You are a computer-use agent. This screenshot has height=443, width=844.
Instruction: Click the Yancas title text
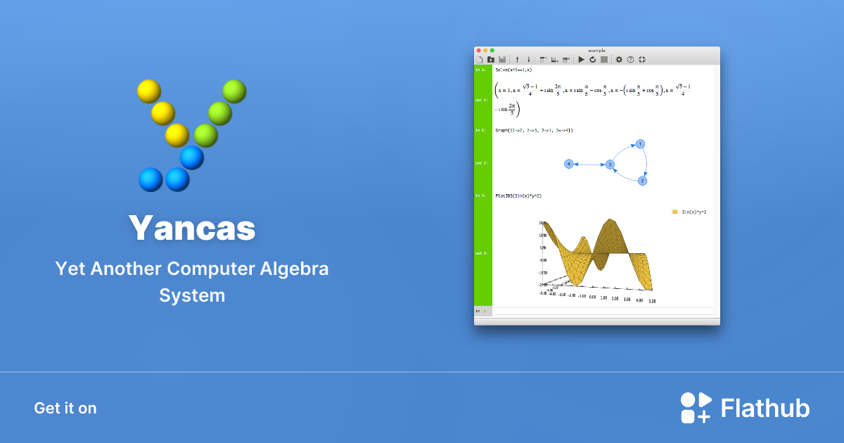coord(192,228)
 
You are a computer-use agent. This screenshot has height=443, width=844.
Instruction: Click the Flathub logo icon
coord(696,408)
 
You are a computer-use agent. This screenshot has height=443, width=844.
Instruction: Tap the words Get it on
coord(65,408)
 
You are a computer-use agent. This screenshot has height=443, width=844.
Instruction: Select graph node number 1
coord(640,144)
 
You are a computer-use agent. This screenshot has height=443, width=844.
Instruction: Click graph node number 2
coord(642,181)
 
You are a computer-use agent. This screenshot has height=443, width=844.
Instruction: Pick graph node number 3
coord(610,165)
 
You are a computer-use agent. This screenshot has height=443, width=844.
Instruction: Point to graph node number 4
coord(569,164)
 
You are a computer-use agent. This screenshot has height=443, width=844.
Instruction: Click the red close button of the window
coord(478,51)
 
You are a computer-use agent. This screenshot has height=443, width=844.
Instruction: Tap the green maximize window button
coord(492,51)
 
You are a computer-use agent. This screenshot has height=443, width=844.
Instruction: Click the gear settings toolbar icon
coord(619,60)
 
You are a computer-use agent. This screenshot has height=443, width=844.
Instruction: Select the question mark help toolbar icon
coord(630,60)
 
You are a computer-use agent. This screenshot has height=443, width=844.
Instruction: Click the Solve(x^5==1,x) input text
coord(513,70)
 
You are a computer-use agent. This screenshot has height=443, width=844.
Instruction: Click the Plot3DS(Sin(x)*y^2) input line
coord(518,195)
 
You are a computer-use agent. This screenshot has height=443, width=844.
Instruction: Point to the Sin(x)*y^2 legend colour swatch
coord(674,211)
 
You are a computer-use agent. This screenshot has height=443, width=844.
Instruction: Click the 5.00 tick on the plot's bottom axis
coord(652,301)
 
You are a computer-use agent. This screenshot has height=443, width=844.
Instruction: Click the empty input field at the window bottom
coord(602,311)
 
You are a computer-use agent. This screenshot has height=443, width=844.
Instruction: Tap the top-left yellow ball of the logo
coord(148,91)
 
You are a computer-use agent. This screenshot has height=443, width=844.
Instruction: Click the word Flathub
coord(765,408)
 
